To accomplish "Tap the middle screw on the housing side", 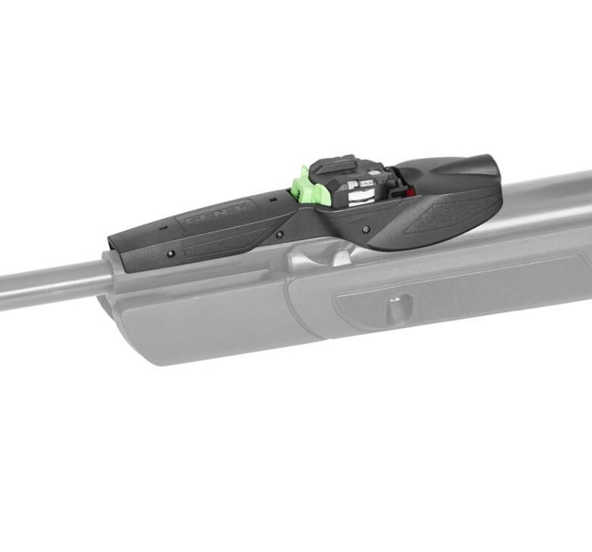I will (x=280, y=235).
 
